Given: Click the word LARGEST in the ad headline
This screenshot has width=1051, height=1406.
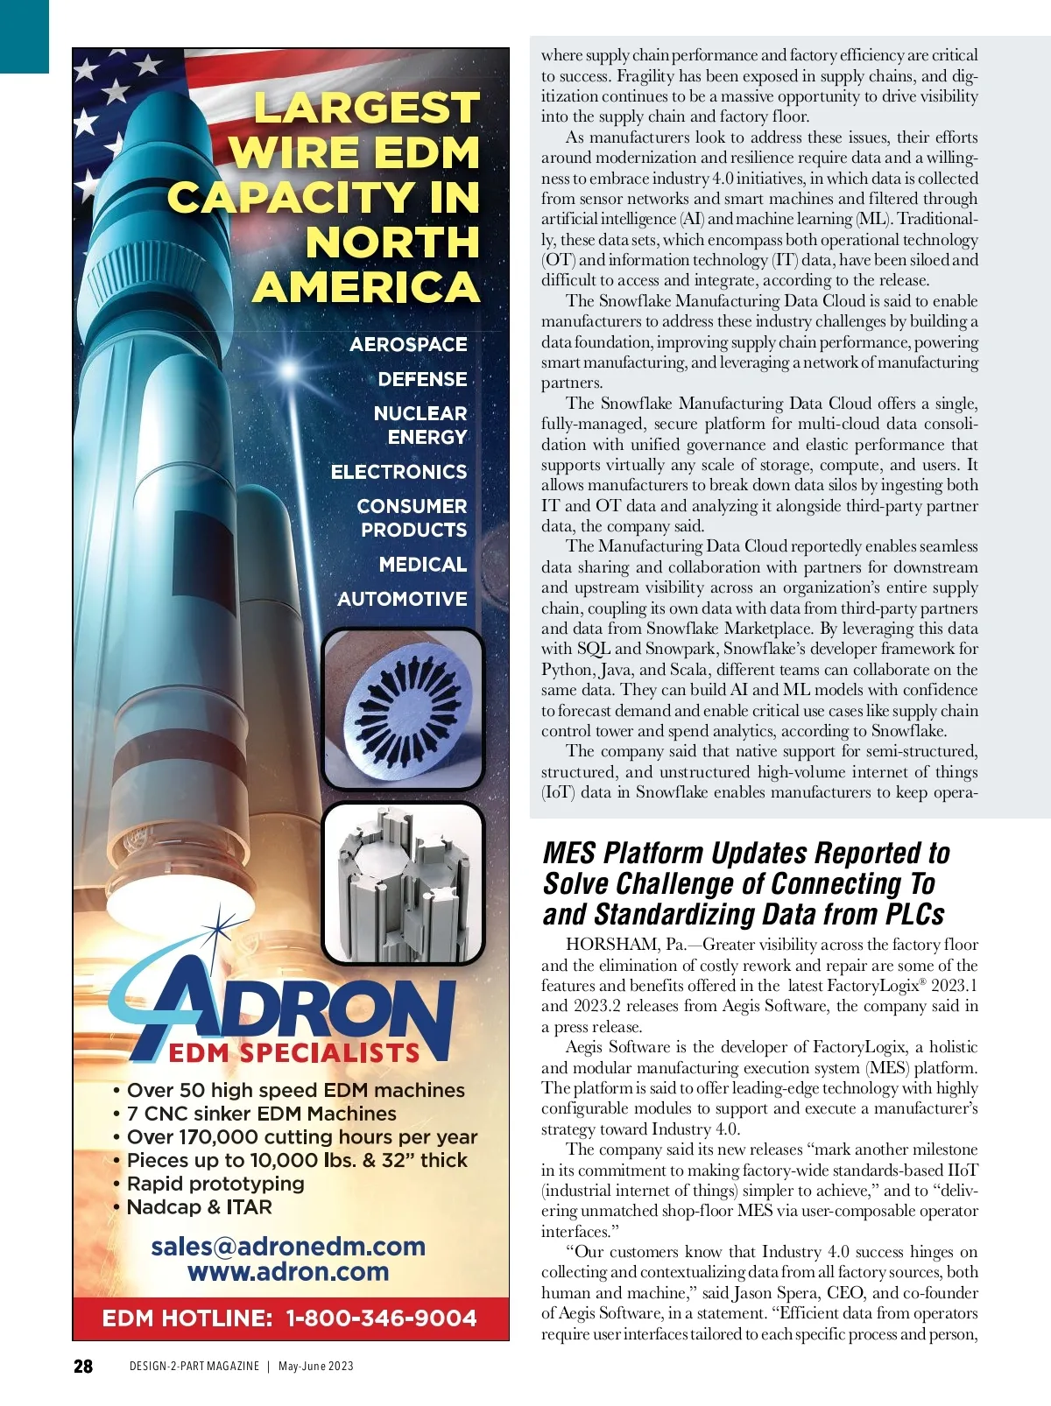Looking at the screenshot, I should tap(367, 109).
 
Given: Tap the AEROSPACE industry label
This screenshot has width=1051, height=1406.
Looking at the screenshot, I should tap(408, 345).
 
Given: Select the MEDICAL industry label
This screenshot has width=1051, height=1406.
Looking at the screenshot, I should tap(423, 565).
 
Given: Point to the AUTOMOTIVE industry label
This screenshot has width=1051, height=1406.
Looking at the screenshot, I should tap(402, 599).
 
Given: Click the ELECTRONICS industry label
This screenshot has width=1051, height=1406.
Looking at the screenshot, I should tap(399, 472).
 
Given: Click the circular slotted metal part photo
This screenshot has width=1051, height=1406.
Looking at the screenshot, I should tap(404, 708).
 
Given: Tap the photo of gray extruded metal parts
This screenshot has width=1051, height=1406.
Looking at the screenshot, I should tap(404, 883).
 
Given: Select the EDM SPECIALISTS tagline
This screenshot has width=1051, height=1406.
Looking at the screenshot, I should tap(293, 1053).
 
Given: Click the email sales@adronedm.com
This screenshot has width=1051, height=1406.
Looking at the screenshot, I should tap(288, 1247).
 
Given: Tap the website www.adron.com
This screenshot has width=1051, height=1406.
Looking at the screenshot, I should tap(288, 1272).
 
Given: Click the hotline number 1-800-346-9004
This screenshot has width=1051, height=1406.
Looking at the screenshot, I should tap(381, 1318).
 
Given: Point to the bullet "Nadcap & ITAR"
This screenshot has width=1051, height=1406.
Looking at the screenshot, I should tap(200, 1207).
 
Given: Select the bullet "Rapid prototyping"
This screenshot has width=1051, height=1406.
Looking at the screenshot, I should tap(215, 1184).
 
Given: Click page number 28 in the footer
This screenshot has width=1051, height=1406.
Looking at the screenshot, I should tap(83, 1367).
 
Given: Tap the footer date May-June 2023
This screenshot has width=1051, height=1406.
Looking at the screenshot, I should tap(315, 1367).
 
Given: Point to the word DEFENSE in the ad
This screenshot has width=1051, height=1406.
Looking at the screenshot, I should tap(422, 380).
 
